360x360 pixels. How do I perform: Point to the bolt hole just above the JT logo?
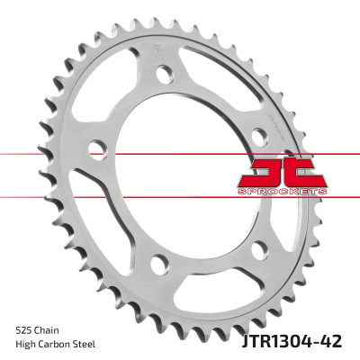click(258, 135)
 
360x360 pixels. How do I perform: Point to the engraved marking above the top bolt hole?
click(158, 49)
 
